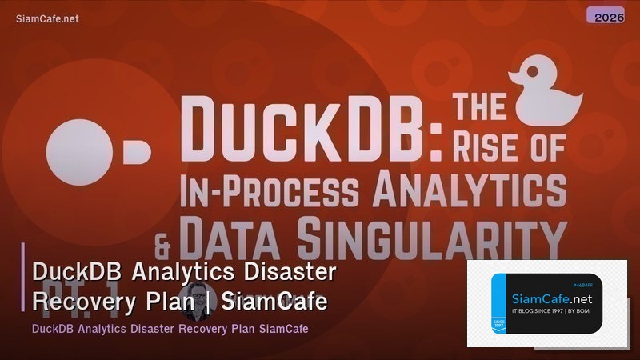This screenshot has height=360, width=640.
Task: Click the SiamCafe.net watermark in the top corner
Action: [47, 19]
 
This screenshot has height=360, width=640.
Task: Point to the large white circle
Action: [77, 151]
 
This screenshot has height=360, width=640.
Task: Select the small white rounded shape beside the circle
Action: [135, 150]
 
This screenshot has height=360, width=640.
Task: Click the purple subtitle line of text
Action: [170, 329]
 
